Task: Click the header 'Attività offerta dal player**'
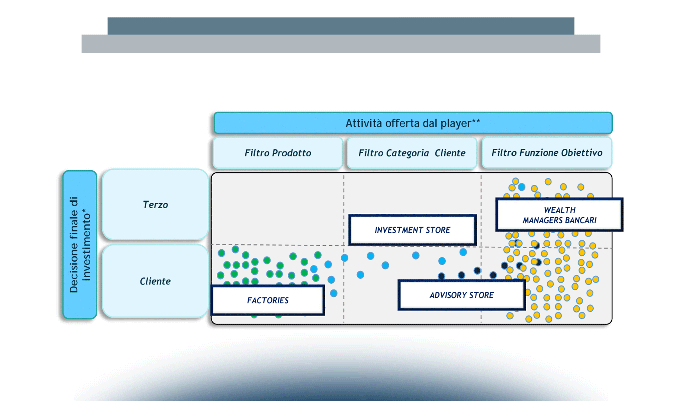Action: click(413, 123)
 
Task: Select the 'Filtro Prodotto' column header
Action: click(278, 153)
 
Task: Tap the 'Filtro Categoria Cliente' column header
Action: click(412, 153)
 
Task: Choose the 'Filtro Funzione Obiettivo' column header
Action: click(547, 153)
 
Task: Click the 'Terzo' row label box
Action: click(155, 205)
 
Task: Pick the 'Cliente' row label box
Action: click(155, 281)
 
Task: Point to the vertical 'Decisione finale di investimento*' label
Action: click(80, 245)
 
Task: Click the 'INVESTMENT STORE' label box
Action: click(412, 230)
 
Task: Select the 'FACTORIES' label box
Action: click(268, 300)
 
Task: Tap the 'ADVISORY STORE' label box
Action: click(461, 295)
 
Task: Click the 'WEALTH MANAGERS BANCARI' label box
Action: click(559, 215)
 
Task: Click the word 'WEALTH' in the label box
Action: click(560, 210)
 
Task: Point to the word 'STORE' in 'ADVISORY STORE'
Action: click(481, 295)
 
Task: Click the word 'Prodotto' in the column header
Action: click(292, 153)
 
